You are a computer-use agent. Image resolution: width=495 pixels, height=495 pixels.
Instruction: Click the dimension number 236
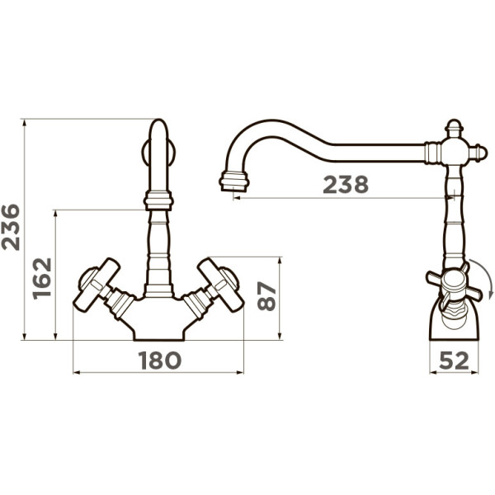11,228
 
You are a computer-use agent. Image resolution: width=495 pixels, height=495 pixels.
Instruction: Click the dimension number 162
42,279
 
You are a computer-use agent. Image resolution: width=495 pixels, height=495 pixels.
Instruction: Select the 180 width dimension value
160,361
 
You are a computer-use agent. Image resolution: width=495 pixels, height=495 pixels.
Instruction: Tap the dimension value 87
266,296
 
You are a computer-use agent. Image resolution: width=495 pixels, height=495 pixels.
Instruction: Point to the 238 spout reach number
346,185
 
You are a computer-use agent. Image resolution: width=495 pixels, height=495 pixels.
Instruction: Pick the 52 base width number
454,361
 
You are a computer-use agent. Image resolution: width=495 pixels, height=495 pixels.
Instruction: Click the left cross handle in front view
97,285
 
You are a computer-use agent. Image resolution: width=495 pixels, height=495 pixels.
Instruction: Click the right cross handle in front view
220,285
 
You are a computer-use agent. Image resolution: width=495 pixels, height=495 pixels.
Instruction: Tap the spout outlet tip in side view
234,181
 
